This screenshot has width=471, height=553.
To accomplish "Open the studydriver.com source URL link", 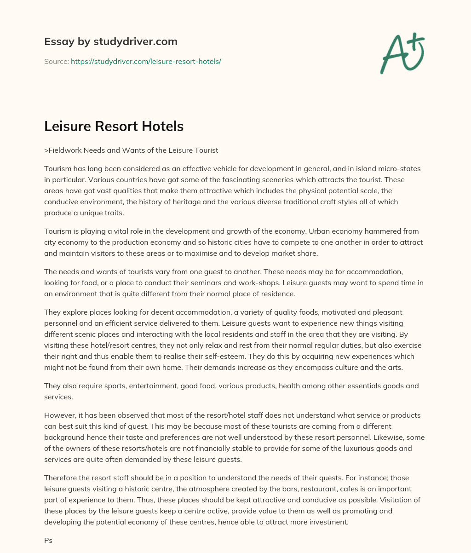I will (x=146, y=61).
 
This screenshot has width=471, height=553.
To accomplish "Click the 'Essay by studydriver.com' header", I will (x=110, y=42).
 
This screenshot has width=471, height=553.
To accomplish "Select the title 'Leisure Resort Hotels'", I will (x=114, y=127).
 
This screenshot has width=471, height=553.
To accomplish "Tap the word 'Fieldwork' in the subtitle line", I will (x=66, y=150).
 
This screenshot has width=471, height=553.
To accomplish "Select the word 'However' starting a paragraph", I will (x=60, y=415).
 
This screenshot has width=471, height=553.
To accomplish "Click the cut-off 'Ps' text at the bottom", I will (x=48, y=541).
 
